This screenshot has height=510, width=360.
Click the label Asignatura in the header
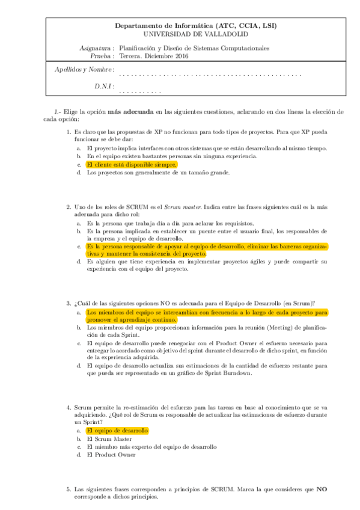(x=96, y=48)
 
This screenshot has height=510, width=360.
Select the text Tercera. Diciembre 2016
(x=154, y=56)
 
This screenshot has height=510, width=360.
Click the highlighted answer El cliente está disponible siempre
(x=132, y=164)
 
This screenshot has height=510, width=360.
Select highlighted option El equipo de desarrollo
(x=117, y=431)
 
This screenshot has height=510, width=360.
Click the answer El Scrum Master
(x=109, y=439)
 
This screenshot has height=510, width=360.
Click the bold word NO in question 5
(x=322, y=490)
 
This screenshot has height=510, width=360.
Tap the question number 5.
(x=69, y=490)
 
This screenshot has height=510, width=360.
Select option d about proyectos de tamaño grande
(x=158, y=173)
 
